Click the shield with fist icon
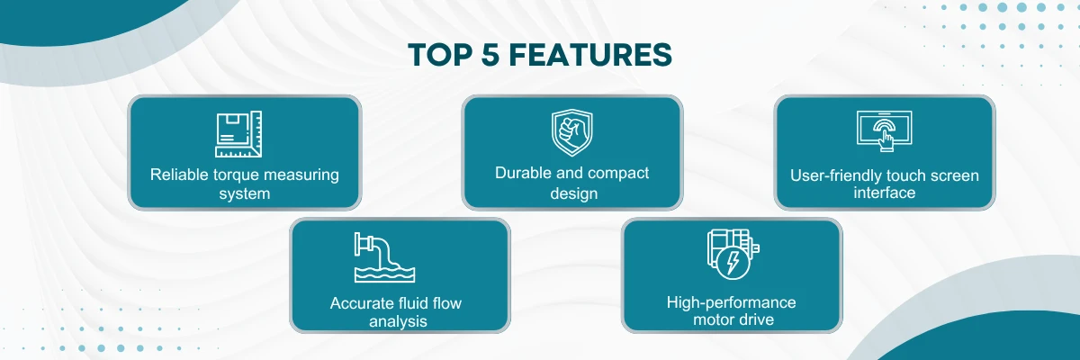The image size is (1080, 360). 571,132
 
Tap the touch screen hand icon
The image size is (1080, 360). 884,130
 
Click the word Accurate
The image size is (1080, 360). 359,302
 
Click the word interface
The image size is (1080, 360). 885,193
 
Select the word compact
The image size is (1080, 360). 618,173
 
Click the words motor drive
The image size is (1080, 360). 732,319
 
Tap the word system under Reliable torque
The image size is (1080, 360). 245,193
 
